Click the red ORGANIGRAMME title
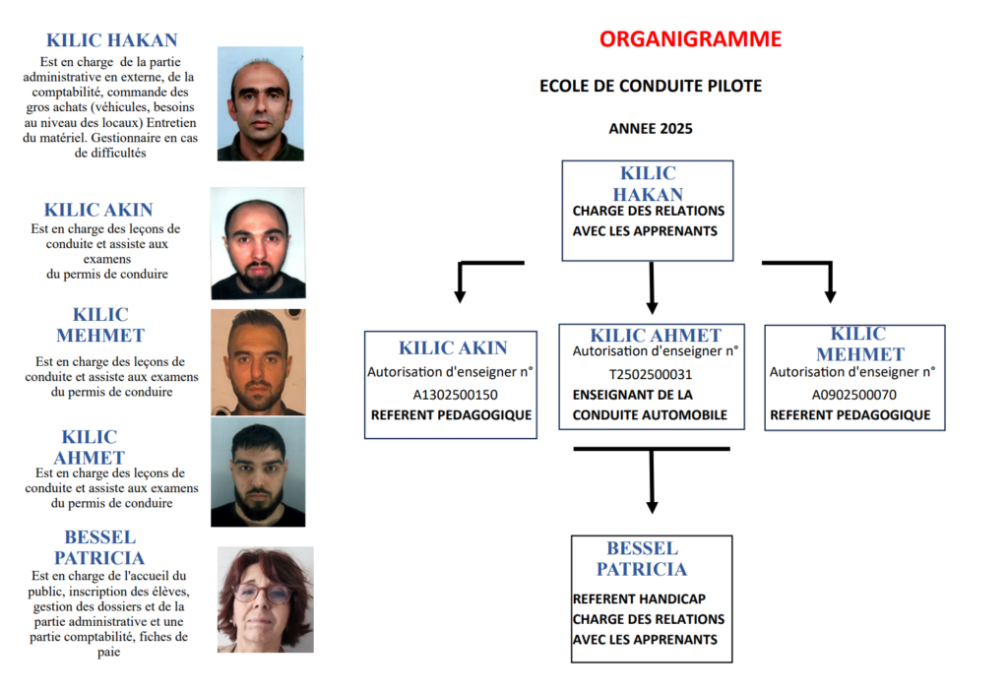pyautogui.click(x=690, y=39)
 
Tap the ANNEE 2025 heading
pyautogui.click(x=651, y=129)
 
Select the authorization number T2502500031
pyautogui.click(x=650, y=374)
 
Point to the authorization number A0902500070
pyautogui.click(x=853, y=395)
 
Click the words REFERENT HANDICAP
pyautogui.click(x=639, y=598)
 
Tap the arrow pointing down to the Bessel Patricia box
pyautogui.click(x=651, y=482)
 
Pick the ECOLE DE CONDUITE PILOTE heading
pyautogui.click(x=651, y=87)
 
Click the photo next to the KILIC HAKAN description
pyautogui.click(x=260, y=103)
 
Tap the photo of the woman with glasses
pyautogui.click(x=265, y=599)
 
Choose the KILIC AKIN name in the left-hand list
pyautogui.click(x=98, y=210)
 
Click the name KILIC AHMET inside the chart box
pyautogui.click(x=656, y=336)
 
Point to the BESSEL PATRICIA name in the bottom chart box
pyautogui.click(x=642, y=558)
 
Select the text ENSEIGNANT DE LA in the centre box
pyautogui.click(x=633, y=395)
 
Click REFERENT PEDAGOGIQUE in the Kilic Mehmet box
pyautogui.click(x=850, y=414)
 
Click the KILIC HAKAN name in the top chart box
pyautogui.click(x=648, y=184)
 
